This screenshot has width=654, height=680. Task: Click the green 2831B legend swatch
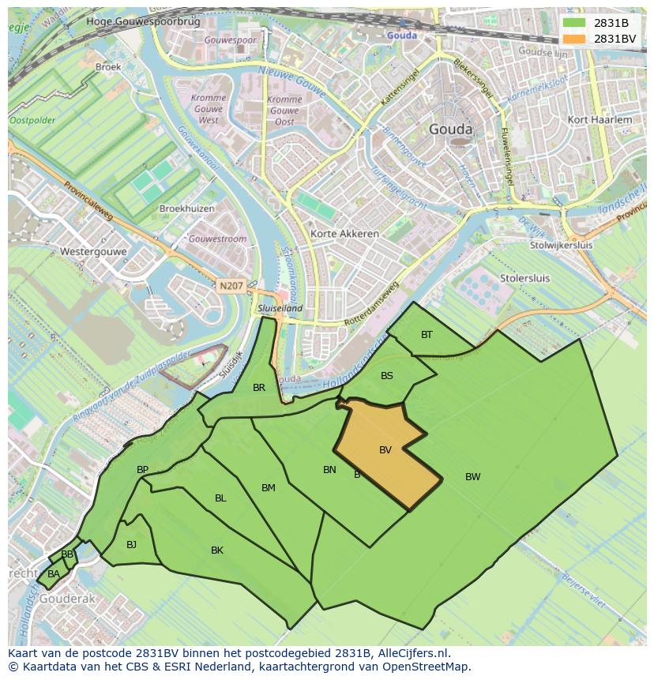pos(574,23)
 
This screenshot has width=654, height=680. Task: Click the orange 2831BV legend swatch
pos(574,39)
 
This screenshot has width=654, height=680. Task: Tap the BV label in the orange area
pos(385,450)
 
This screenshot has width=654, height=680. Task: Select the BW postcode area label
pos(472,476)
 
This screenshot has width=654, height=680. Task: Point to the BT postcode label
pos(427,335)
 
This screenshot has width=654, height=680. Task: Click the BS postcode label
pos(386,376)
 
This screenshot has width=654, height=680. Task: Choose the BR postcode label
pos(259,388)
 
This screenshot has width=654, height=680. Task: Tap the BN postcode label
pos(329,470)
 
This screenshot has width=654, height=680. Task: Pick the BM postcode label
pos(269,488)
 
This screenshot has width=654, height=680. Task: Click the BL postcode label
pos(220,498)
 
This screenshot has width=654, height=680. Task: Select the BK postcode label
pos(217,550)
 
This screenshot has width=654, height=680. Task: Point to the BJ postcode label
pos(131,544)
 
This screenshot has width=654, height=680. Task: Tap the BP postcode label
pos(142,470)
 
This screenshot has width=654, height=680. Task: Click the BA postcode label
pos(53,574)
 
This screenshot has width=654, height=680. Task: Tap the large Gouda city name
pos(450,130)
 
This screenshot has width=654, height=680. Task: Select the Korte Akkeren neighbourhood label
pos(344,234)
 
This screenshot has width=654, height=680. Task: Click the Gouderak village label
pos(67,599)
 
